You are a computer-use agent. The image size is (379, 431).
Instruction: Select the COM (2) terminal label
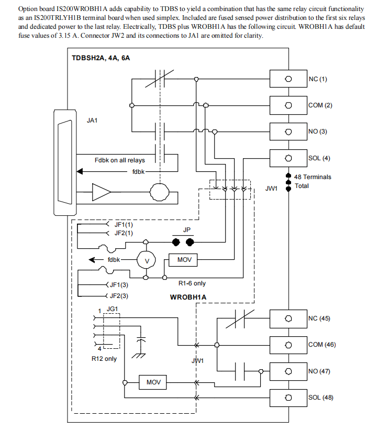(320, 105)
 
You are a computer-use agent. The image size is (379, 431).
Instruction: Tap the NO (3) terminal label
(317, 131)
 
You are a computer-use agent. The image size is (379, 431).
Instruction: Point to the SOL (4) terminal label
(319, 158)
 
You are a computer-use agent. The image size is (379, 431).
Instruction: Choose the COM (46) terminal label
(321, 345)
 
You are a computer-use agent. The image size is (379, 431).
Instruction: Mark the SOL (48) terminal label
(320, 397)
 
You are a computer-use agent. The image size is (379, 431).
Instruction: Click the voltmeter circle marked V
(147, 260)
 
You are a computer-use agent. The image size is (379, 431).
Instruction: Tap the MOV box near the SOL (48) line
(153, 383)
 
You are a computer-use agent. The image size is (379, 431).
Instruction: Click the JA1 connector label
(92, 120)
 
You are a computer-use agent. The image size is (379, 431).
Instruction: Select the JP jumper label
(187, 230)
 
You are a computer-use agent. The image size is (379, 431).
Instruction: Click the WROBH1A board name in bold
(188, 297)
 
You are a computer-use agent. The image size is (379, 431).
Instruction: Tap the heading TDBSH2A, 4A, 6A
(101, 58)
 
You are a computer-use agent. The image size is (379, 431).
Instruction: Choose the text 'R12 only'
(104, 359)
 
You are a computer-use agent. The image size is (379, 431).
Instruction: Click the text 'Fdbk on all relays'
(120, 160)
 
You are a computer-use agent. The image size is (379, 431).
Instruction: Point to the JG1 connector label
(112, 309)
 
